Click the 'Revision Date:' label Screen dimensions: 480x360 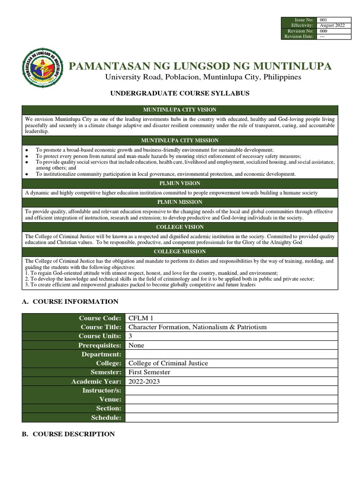[299, 37]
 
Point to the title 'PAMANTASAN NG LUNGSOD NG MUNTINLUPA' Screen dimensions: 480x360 [200, 66]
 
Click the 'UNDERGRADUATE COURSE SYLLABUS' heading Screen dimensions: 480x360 [180, 94]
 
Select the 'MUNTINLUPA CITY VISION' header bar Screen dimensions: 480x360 [180, 110]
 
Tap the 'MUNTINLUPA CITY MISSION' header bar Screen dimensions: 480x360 [180, 141]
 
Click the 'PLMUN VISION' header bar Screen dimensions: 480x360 [180, 183]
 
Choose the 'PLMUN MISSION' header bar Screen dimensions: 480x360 [180, 202]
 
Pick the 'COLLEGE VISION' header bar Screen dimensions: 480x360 [180, 227]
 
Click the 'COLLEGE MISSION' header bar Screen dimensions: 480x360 [180, 252]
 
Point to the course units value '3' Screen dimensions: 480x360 [131, 336]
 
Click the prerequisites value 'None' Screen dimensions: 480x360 [136, 345]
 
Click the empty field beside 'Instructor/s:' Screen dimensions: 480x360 [231, 390]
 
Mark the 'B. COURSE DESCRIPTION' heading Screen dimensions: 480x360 [68, 434]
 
